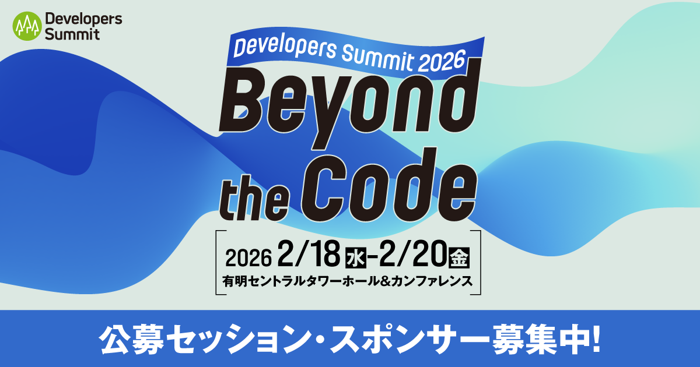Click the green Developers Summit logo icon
(27, 27)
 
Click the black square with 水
(356, 257)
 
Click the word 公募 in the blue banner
(124, 338)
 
